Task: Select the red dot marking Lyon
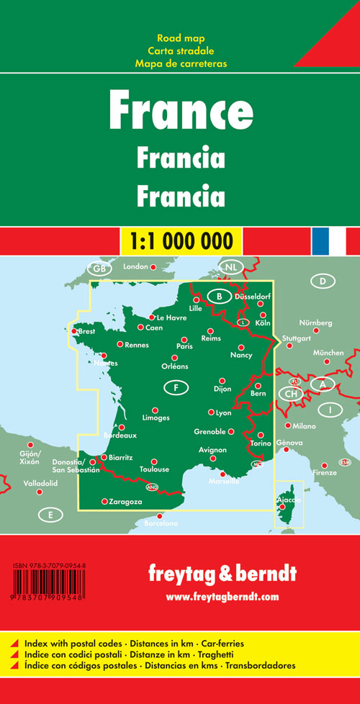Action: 211,412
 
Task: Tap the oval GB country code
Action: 99,269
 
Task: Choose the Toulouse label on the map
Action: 154,470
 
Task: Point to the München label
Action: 328,353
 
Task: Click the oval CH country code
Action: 291,394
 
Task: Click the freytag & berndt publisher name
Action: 222,574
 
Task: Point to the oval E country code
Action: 50,515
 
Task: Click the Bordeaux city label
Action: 120,436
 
